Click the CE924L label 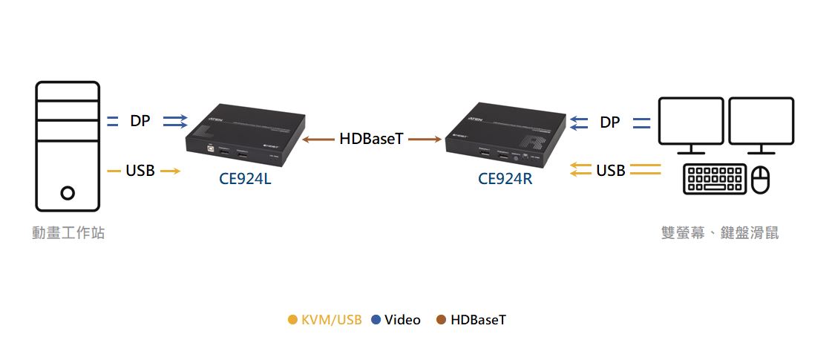(245, 178)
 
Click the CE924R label (505, 178)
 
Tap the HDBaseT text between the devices (371, 139)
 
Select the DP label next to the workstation (140, 121)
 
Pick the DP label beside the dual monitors (609, 122)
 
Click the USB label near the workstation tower (140, 171)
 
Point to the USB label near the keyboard (611, 171)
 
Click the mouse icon (761, 180)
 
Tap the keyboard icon (715, 179)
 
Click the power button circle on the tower (68, 193)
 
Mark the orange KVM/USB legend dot (292, 320)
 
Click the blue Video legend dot (376, 320)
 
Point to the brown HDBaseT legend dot (441, 320)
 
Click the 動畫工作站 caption (68, 233)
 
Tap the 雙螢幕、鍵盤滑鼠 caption (719, 233)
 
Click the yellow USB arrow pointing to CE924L (170, 171)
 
